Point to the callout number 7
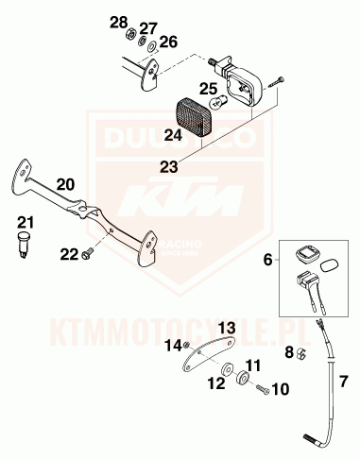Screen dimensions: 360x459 [x=343, y=382]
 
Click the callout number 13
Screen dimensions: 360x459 [x=226, y=327]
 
